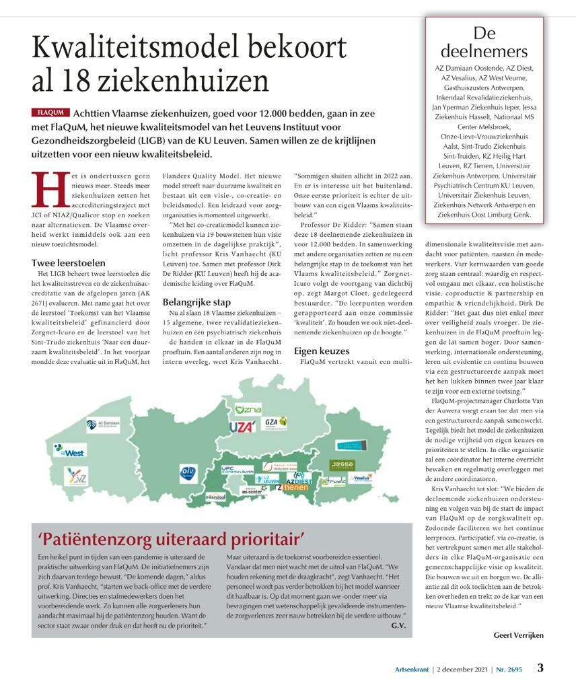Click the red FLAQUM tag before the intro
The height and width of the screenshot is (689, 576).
point(50,112)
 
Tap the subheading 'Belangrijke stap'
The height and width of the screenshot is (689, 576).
point(196,302)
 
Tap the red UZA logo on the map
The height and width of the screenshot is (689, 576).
point(242,427)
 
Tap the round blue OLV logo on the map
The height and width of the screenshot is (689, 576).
point(188,472)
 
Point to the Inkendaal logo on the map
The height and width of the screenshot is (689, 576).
point(215,497)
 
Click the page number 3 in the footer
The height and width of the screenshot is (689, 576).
point(540,668)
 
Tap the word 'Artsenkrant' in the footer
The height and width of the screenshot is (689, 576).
point(413,669)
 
